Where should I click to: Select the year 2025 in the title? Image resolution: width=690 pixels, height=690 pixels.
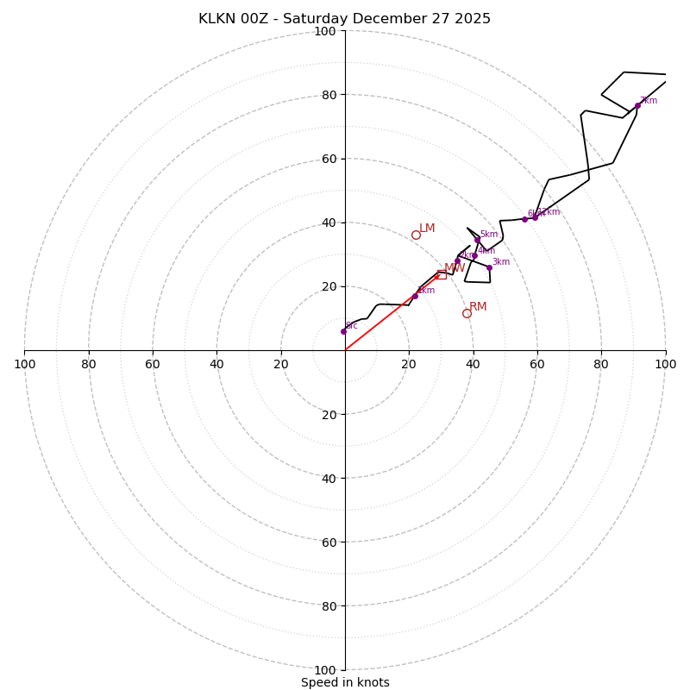469,19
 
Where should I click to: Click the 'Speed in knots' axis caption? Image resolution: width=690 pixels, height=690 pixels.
345,682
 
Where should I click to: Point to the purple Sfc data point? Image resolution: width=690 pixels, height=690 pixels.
343,331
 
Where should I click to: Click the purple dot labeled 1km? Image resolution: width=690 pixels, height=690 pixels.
415,296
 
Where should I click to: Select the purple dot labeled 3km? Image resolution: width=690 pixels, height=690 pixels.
489,267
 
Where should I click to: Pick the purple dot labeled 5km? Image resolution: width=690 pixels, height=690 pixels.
477,240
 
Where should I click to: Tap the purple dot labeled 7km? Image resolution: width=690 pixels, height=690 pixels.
637,105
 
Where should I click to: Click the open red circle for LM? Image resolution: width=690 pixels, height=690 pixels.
416,235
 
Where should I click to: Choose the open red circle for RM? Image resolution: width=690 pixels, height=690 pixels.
467,313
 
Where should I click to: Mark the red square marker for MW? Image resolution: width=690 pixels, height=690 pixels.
442,274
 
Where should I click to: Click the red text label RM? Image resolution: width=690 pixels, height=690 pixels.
478,306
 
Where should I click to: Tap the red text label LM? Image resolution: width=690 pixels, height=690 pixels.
427,229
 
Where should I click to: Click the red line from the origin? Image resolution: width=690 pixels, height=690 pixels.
388,315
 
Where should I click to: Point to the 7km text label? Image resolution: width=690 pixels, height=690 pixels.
649,101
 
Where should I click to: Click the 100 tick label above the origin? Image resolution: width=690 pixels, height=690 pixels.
325,31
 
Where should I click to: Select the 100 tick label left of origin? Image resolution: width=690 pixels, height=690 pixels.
24,364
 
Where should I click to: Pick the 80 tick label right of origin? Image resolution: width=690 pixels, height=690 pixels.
601,364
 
